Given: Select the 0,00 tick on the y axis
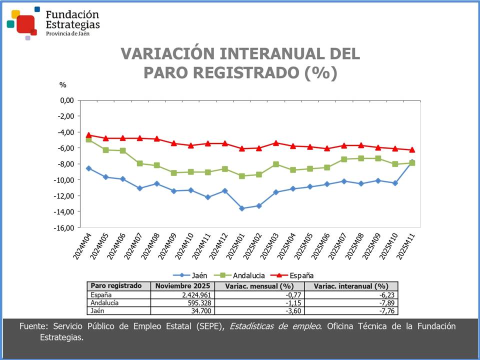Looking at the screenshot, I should (67, 100).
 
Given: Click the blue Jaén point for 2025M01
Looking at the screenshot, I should (242, 208).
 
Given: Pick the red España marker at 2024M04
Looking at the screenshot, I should (88, 135).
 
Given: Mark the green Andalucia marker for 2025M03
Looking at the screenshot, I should (276, 164).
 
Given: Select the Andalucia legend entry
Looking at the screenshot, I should (242, 275).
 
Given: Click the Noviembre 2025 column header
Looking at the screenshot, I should (183, 286).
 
